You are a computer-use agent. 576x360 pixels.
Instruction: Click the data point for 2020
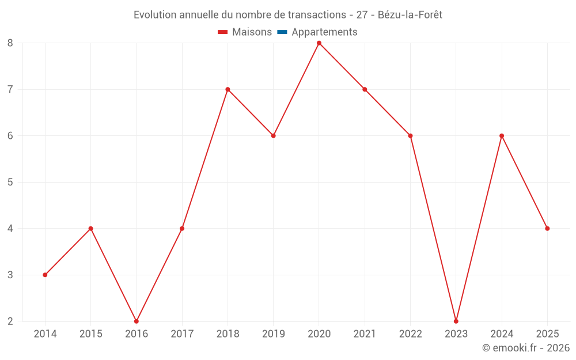click(319, 43)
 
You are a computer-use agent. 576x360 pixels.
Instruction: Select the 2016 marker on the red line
click(137, 321)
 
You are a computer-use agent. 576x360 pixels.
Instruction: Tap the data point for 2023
click(456, 321)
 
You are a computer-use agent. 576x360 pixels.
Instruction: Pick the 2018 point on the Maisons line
click(228, 89)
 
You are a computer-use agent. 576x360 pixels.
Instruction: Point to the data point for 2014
click(45, 275)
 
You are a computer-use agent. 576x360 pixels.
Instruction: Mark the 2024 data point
click(502, 136)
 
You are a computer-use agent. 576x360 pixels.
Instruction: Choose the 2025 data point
click(547, 229)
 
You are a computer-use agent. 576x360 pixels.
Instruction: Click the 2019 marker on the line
click(274, 136)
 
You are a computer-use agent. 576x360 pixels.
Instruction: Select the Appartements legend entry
click(324, 32)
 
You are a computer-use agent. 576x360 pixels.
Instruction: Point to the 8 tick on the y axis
click(10, 43)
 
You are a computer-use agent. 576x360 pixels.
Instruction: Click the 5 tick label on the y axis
click(10, 182)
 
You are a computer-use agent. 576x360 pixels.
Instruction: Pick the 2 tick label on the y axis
click(10, 321)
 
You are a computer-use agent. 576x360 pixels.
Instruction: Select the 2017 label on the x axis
click(182, 334)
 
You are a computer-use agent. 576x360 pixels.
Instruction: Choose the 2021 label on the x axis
click(365, 334)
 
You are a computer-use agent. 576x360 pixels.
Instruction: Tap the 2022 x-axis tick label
click(410, 334)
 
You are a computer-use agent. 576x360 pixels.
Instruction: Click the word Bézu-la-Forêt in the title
click(410, 15)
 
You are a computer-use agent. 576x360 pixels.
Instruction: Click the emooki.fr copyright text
click(526, 348)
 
